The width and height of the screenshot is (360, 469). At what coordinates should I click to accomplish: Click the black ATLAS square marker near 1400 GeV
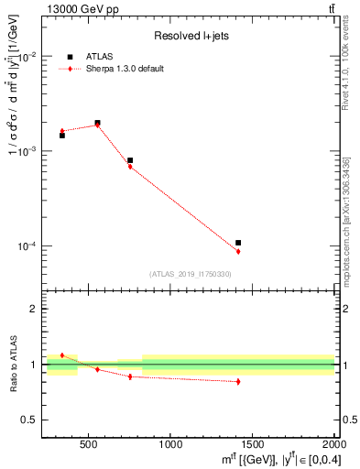(238, 243)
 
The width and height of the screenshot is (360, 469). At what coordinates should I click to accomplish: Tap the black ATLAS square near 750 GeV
(130, 160)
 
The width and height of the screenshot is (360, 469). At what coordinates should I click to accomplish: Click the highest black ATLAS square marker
(97, 123)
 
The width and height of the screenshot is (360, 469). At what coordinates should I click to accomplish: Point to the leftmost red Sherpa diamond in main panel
(62, 131)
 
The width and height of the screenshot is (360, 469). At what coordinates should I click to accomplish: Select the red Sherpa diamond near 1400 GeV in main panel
(238, 251)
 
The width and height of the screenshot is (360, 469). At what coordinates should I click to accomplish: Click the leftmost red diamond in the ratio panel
(62, 354)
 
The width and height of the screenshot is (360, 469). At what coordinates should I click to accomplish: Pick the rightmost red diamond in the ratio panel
(238, 381)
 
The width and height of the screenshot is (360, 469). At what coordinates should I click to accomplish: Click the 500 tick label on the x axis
(89, 444)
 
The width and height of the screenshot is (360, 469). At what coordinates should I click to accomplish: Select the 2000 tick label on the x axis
(334, 444)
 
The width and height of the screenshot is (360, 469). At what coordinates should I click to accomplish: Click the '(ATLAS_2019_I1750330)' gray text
(190, 274)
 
